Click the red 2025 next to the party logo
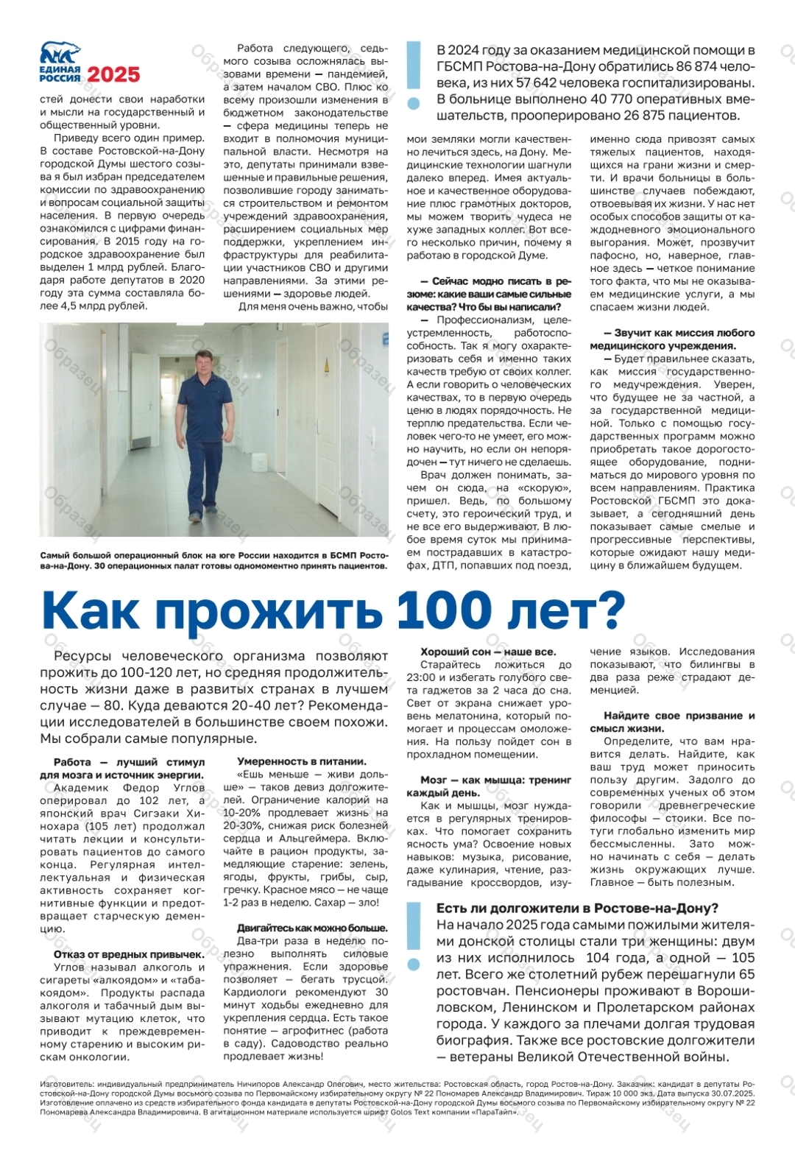pyautogui.click(x=113, y=74)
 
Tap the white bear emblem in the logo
pyautogui.click(x=60, y=53)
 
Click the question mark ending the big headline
pyautogui.click(x=608, y=610)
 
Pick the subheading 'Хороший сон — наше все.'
pyautogui.click(x=488, y=652)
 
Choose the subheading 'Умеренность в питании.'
pyautogui.click(x=301, y=761)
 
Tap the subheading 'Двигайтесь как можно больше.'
pyautogui.click(x=312, y=928)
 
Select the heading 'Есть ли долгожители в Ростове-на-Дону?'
pyautogui.click(x=577, y=908)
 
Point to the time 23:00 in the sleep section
pyautogui.click(x=421, y=677)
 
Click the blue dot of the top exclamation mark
pyautogui.click(x=414, y=104)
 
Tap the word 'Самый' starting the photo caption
pyautogui.click(x=55, y=555)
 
